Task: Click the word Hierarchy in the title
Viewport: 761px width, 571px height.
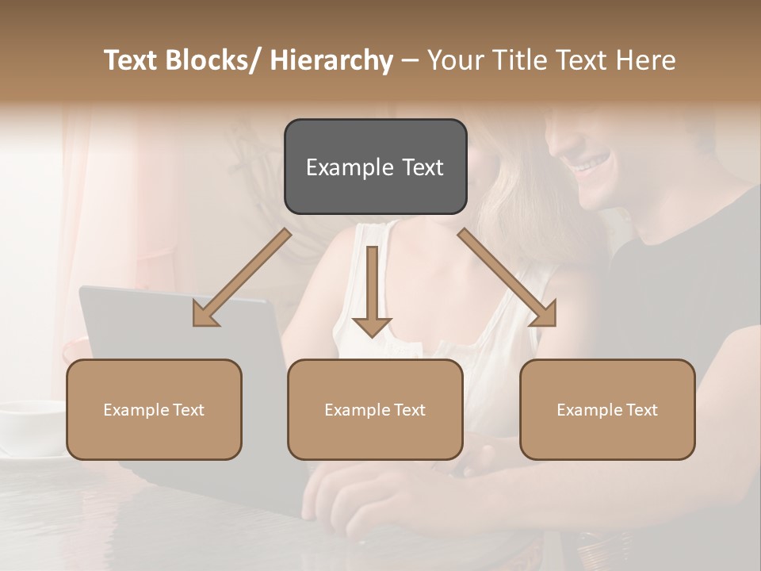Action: pyautogui.click(x=331, y=60)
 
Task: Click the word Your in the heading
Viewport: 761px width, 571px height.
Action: pyautogui.click(x=454, y=60)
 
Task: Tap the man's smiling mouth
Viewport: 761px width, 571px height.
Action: pyautogui.click(x=594, y=163)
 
